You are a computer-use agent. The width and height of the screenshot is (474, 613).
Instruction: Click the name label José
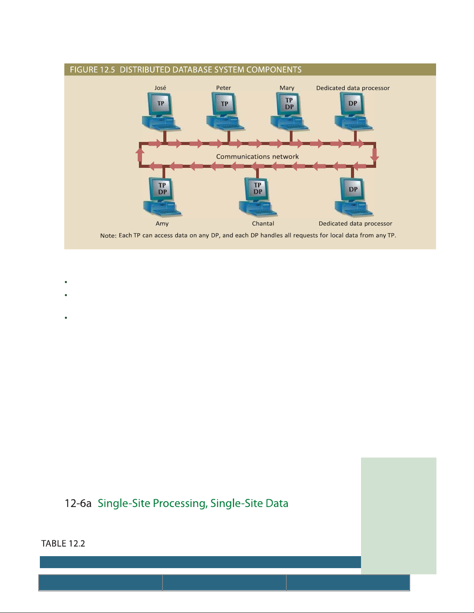pos(160,88)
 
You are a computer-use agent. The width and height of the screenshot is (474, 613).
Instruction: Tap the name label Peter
pos(224,88)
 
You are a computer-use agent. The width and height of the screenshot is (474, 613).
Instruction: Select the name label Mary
pos(287,88)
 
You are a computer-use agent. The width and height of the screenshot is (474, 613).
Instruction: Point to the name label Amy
pos(162,224)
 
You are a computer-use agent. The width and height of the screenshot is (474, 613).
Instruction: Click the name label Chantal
pos(263,224)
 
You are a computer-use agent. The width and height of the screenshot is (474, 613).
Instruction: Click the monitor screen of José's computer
pos(161,104)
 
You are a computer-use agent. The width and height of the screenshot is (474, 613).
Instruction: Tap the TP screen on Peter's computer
pos(224,104)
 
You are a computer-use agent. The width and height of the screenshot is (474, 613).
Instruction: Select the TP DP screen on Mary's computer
pos(289,104)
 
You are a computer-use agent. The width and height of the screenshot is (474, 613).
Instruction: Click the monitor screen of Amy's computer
pos(162,188)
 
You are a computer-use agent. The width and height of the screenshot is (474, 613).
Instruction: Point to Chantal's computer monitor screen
pos(258,188)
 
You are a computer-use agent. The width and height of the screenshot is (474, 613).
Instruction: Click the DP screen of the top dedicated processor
pos(353,104)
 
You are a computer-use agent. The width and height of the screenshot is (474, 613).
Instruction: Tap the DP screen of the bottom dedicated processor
pos(353,189)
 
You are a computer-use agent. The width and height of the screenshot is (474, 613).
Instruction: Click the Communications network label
pos(257,157)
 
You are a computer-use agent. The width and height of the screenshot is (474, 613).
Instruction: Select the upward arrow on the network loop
pos(140,155)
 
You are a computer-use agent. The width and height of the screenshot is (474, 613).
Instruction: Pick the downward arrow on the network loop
pos(375,155)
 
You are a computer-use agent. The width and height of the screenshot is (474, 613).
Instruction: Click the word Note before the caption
pos(108,236)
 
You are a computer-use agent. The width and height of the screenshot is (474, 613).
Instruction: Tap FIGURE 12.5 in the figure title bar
pos(92,70)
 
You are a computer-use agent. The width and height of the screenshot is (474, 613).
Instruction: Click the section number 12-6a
pos(78,504)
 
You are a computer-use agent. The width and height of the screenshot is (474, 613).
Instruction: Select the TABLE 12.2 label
pos(63,544)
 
